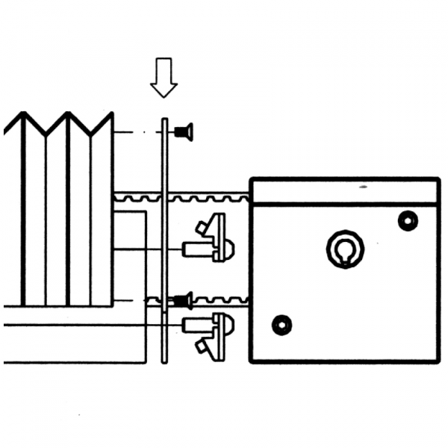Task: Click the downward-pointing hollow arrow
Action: pyautogui.click(x=164, y=77)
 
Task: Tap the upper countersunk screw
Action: pyautogui.click(x=184, y=133)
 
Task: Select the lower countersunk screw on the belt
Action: pyautogui.click(x=184, y=301)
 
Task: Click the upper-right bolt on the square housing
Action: pyautogui.click(x=407, y=221)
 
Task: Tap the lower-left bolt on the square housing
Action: pyautogui.click(x=281, y=325)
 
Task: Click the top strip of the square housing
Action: pyautogui.click(x=343, y=190)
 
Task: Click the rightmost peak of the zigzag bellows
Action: pyautogui.click(x=111, y=116)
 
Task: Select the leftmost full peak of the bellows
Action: pyautogui.click(x=22, y=116)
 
